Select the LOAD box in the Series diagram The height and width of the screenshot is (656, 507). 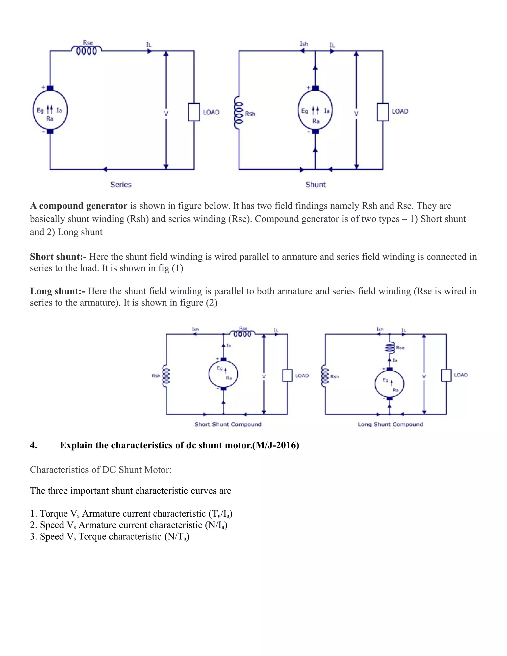click(194, 112)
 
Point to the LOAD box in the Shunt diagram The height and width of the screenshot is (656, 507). click(383, 112)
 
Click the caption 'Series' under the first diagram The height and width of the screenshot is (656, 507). click(121, 184)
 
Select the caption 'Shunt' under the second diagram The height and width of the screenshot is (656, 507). click(315, 184)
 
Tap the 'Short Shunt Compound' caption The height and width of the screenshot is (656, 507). click(228, 424)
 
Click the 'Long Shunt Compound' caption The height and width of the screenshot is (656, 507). click(390, 424)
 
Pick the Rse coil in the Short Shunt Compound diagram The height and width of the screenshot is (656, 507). click(242, 333)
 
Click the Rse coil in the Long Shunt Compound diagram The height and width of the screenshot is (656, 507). click(390, 348)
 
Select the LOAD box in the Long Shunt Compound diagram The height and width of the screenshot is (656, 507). click(446, 376)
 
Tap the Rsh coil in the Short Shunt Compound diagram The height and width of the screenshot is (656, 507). click(166, 376)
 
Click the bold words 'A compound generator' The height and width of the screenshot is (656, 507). click(79, 206)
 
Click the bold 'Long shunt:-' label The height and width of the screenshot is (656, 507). click(57, 291)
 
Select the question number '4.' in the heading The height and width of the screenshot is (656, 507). click(34, 445)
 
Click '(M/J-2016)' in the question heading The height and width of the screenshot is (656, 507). click(276, 445)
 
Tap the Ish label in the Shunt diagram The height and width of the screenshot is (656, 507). click(304, 44)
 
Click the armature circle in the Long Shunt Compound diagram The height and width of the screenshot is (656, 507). click(389, 384)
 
